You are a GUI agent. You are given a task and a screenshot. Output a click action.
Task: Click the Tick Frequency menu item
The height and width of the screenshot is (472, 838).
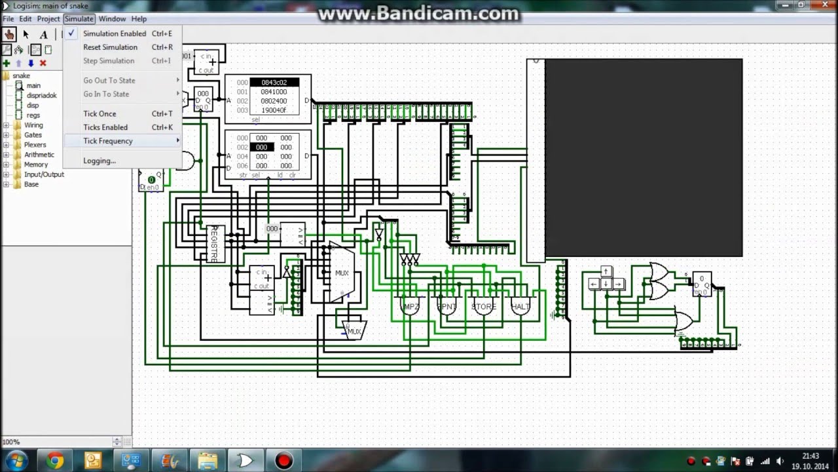108,141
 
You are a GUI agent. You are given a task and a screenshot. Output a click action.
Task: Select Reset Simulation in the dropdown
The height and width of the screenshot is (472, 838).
110,47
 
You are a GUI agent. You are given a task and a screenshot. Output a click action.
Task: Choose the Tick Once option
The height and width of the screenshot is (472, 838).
100,113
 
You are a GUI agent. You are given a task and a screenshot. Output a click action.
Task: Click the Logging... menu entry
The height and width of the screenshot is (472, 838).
100,161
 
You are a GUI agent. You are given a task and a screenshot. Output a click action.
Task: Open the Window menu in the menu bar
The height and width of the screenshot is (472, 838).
112,19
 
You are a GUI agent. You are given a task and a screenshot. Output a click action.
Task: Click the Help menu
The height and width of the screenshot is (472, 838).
139,19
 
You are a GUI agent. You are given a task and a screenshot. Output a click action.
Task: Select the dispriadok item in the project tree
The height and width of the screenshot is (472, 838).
41,96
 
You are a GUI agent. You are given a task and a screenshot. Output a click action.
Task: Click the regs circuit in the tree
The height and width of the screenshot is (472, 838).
33,115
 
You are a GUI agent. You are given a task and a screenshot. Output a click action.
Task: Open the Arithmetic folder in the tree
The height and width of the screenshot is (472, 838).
39,155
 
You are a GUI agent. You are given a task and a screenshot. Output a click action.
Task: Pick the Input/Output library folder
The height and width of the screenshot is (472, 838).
44,174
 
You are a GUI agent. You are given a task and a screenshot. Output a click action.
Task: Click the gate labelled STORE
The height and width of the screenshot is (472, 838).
484,306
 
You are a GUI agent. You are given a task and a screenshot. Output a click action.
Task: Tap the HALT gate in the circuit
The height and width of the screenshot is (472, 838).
520,306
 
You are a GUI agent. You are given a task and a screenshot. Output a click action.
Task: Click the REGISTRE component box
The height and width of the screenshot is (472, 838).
215,244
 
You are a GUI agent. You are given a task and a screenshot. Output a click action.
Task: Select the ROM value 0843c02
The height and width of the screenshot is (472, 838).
274,83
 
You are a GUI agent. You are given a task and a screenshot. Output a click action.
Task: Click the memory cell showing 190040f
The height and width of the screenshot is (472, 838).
274,110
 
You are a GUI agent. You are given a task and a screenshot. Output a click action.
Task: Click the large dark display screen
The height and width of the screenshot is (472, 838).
643,157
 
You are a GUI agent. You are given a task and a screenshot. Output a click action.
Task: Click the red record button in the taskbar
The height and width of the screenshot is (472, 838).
283,461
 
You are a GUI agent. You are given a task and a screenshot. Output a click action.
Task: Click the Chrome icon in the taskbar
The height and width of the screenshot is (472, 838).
55,461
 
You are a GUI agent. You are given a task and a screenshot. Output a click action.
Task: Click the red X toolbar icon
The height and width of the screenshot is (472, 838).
43,63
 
